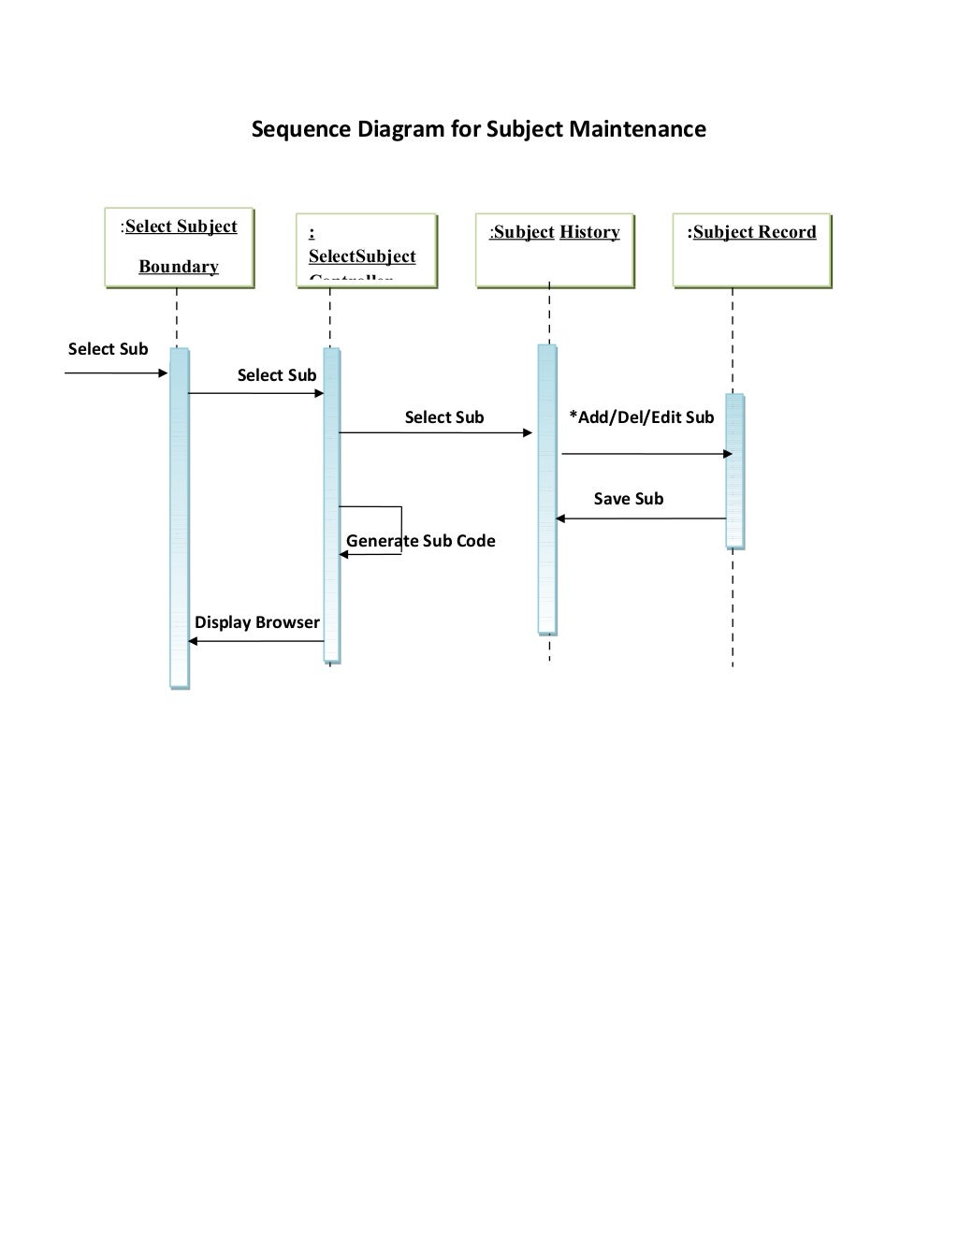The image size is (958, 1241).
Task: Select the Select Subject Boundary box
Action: coord(179,247)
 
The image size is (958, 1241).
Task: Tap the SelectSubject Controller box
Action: coord(367,250)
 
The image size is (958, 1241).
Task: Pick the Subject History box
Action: coord(555,250)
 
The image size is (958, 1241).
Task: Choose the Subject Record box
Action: coord(752,250)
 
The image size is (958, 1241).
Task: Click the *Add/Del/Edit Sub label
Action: coord(642,417)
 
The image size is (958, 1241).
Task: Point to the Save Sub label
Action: coord(629,499)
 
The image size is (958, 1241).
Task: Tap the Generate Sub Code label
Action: coord(421,541)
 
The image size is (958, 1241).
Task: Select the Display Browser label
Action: coord(257,622)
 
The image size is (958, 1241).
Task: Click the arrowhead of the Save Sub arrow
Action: coord(560,518)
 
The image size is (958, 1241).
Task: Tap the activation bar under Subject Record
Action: coord(735,471)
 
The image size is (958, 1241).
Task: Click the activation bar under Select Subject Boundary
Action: coord(180,518)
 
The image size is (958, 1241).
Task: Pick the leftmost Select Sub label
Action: coord(109,349)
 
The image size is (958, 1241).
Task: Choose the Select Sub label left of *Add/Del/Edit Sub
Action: coord(444,417)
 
